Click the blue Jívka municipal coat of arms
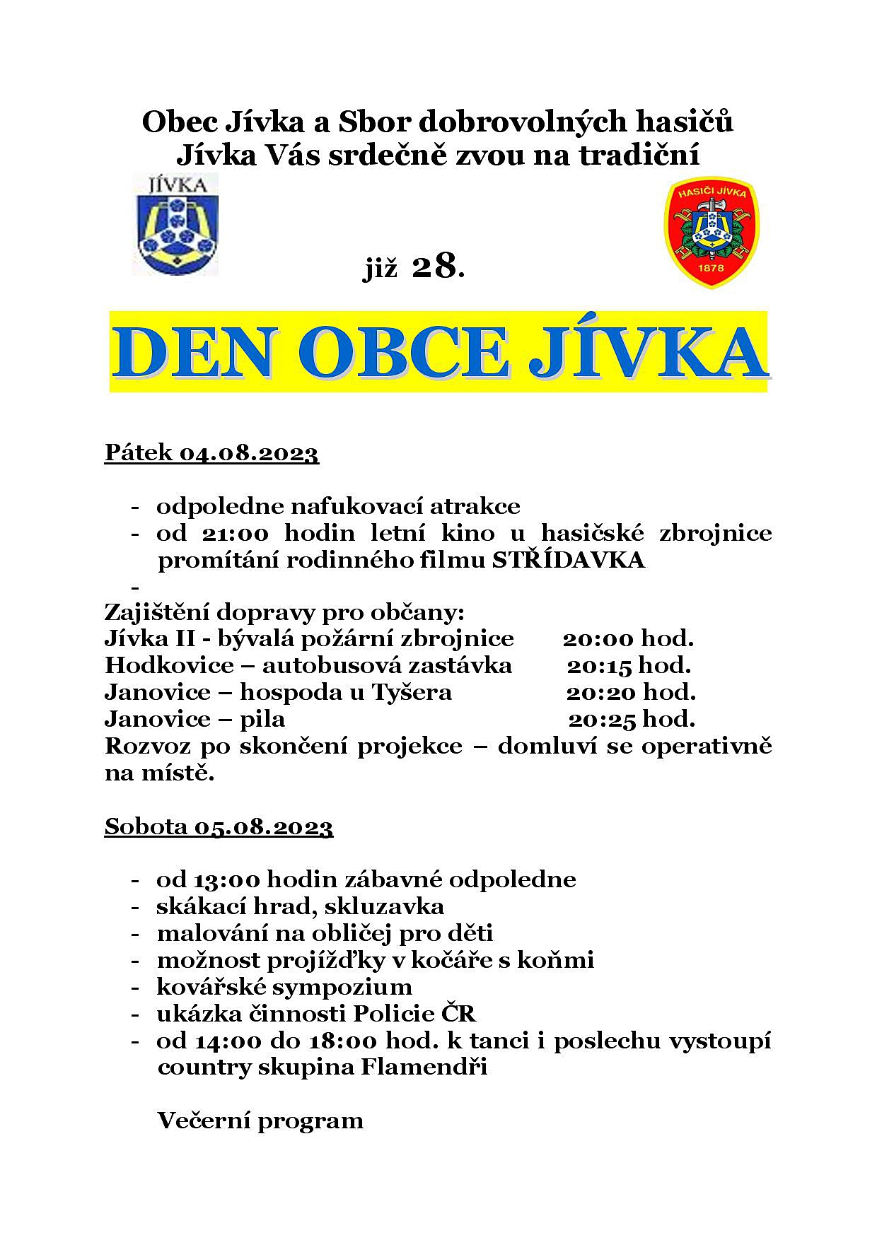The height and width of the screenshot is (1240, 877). (x=176, y=225)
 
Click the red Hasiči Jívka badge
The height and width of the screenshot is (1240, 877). (x=711, y=231)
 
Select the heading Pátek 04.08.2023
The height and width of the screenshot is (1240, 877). (x=211, y=452)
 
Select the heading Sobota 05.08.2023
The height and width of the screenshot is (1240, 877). (x=219, y=826)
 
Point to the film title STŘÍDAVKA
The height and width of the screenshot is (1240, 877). (x=569, y=560)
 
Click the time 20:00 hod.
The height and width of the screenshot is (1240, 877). (x=628, y=638)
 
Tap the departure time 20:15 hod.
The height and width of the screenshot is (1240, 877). (x=629, y=665)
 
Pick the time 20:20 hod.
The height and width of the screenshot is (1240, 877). (x=630, y=691)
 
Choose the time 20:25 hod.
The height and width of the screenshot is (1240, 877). (x=632, y=719)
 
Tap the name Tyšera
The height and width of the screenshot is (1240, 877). (x=416, y=692)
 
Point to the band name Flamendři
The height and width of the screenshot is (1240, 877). (x=424, y=1067)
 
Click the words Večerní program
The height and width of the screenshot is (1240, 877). (x=260, y=1121)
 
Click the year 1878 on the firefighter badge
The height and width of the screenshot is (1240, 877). (x=710, y=268)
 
